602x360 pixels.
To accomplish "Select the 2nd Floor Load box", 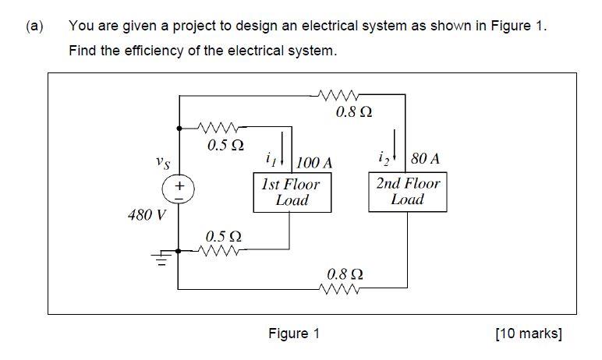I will pos(408,192).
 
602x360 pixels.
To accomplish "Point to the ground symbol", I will pos(163,256).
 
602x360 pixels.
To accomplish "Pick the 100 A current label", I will pos(315,163).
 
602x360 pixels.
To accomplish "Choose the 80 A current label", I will pos(425,159).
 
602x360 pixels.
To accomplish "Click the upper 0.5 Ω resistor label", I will pos(225,145).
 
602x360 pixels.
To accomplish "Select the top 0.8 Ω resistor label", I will pos(353,112).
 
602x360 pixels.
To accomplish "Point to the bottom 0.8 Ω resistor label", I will pos(345,274).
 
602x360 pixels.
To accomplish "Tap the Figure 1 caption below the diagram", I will pos(294,334).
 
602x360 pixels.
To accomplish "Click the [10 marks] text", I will pos(528,334).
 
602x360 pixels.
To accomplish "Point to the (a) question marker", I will pos(34,26).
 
